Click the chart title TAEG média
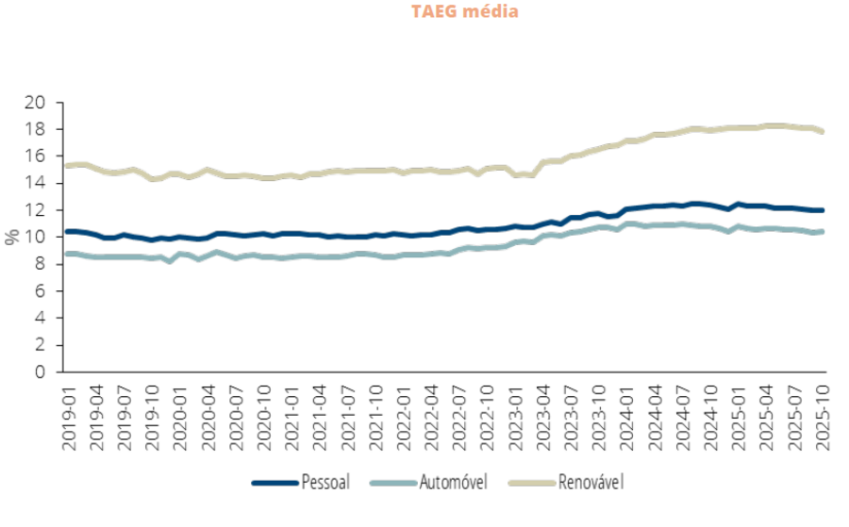click(464, 12)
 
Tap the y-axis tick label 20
click(35, 102)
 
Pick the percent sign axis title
click(12, 237)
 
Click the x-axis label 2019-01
click(68, 414)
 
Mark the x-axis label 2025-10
click(823, 414)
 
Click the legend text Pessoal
click(325, 483)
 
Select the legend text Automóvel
click(450, 483)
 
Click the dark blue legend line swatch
click(274, 483)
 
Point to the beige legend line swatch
click(529, 483)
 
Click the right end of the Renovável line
click(823, 131)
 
